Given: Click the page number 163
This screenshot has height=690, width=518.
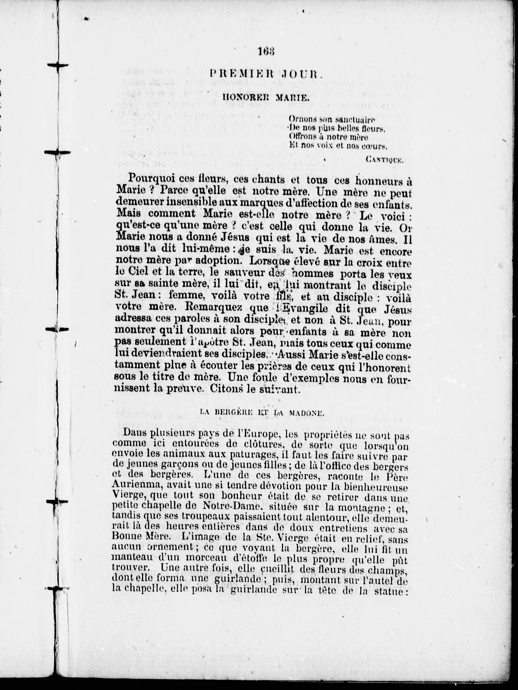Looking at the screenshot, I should coord(266,52).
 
